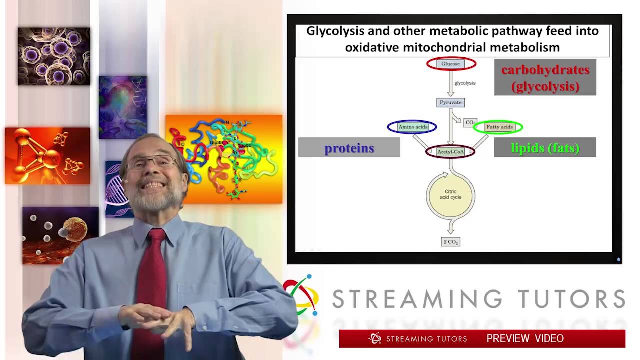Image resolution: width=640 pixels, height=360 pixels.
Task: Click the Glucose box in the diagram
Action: coord(451,64)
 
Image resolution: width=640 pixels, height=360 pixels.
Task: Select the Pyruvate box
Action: coord(450,102)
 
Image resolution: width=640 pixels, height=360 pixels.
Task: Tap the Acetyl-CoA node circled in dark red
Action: coord(450,151)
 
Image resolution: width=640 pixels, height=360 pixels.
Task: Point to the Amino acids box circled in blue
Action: coord(412,127)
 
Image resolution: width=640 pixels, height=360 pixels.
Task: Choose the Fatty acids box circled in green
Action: coord(499,127)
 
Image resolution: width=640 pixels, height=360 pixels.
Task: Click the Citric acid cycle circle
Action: coord(450,194)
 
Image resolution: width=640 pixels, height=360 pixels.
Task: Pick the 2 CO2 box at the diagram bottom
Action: coord(450,242)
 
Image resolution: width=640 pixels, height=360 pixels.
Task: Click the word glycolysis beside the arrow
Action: coord(465,83)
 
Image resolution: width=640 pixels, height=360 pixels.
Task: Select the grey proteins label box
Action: coord(349,148)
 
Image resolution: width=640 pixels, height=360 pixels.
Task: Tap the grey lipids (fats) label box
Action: coord(545,148)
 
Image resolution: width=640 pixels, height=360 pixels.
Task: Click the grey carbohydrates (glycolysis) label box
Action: coord(545,77)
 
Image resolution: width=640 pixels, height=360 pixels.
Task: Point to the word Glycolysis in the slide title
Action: coord(335,31)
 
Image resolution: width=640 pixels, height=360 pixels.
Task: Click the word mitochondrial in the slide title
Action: coord(452,48)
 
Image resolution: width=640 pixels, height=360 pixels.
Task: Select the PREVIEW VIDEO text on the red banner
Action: coord(525,339)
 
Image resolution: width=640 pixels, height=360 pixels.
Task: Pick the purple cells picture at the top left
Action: coord(54,56)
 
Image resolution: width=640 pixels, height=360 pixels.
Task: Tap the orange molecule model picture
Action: coord(47,155)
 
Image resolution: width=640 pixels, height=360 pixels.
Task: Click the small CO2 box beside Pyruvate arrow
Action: coord(470,122)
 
